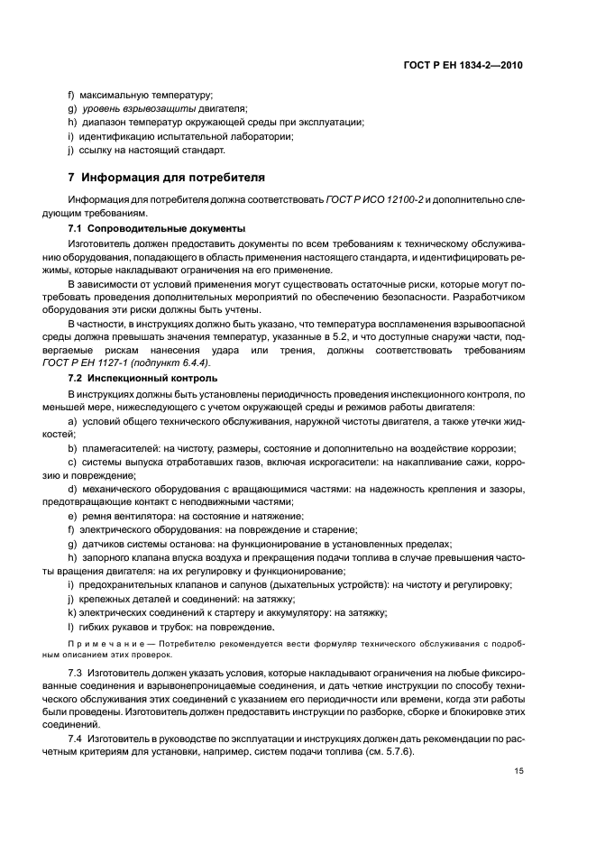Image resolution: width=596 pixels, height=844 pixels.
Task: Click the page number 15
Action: click(518, 769)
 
